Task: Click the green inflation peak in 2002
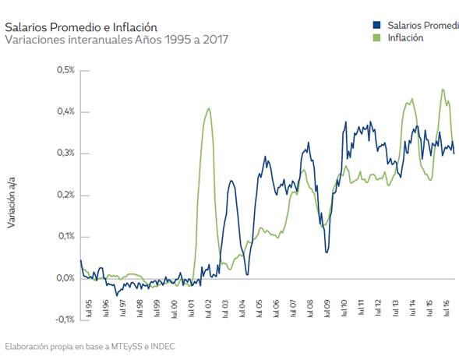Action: click(208, 108)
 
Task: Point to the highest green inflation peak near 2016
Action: click(443, 90)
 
